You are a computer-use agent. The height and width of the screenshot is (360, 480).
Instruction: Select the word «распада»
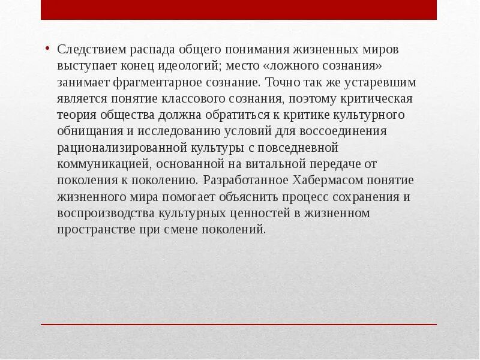click(151, 50)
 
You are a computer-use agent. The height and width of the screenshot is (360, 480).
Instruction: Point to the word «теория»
click(76, 115)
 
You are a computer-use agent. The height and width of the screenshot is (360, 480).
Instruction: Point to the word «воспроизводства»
click(106, 213)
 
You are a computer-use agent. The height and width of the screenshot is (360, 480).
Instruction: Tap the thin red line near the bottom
click(239, 325)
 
